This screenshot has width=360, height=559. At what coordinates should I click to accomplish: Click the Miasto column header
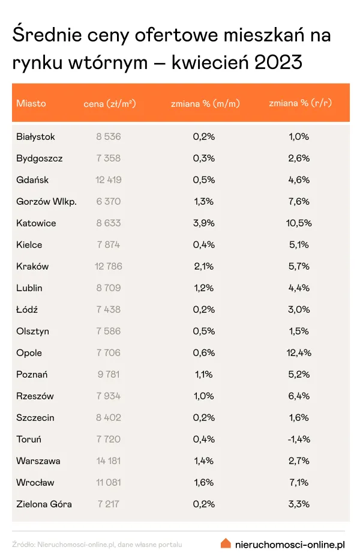click(31, 103)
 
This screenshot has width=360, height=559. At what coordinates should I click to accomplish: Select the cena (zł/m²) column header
click(110, 103)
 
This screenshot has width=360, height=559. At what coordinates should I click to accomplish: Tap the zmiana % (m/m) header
click(205, 103)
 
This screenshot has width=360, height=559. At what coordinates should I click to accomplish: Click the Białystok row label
click(35, 137)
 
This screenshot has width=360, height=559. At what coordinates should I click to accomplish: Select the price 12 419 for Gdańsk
click(108, 180)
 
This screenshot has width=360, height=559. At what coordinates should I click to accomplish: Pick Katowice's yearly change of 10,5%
click(298, 223)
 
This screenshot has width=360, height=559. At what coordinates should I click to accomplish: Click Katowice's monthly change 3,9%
click(204, 223)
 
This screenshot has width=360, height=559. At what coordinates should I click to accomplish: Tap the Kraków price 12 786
click(108, 267)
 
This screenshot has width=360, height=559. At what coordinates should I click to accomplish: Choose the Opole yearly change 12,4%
click(298, 353)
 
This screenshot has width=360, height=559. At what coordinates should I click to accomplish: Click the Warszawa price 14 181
click(108, 461)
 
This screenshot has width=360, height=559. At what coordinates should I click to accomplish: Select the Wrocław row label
click(35, 483)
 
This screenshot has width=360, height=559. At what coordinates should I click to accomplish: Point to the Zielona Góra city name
click(44, 504)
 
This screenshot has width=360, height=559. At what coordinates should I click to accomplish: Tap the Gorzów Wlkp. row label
click(46, 202)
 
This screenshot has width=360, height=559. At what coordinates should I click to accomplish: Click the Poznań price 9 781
click(108, 375)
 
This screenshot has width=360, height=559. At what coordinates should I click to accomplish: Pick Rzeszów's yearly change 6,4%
click(298, 396)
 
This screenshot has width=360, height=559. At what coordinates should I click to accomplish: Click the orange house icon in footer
click(226, 543)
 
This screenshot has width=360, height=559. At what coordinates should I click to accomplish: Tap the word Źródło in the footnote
click(23, 545)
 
